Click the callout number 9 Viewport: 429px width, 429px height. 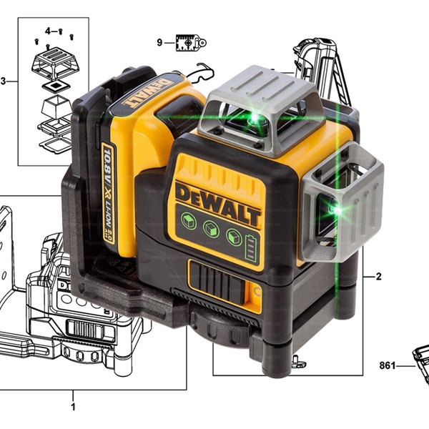(x=159, y=43)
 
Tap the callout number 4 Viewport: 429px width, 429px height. (x=48, y=31)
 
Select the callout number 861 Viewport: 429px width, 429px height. (x=388, y=365)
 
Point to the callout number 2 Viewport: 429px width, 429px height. (x=378, y=277)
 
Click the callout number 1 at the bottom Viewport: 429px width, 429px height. (x=73, y=406)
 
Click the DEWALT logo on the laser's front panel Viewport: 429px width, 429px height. (x=218, y=202)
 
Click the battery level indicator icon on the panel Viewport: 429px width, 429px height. (x=251, y=249)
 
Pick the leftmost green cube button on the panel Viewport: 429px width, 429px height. (x=189, y=220)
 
